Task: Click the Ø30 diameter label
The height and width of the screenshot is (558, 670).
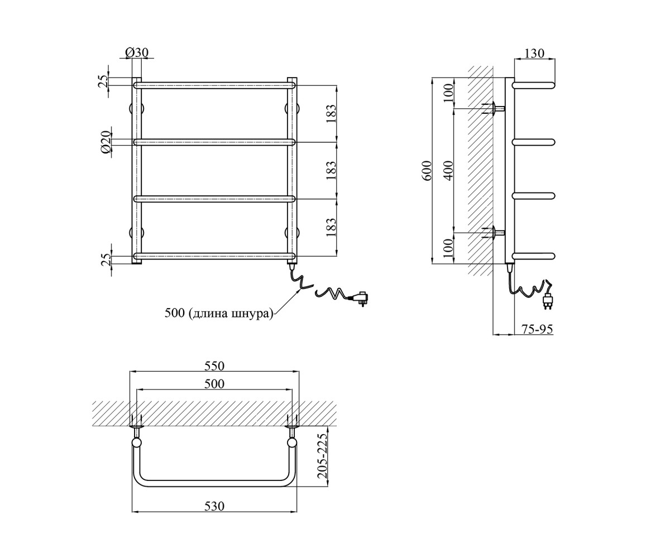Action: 137,52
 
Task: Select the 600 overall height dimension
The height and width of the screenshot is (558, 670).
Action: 428,171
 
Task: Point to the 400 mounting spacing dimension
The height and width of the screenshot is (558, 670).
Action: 449,171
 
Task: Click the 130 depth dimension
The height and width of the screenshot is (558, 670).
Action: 534,53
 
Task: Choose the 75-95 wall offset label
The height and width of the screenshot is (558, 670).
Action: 537,329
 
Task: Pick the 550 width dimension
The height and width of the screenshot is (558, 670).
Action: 214,366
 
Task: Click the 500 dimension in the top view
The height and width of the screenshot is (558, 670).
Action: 214,384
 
